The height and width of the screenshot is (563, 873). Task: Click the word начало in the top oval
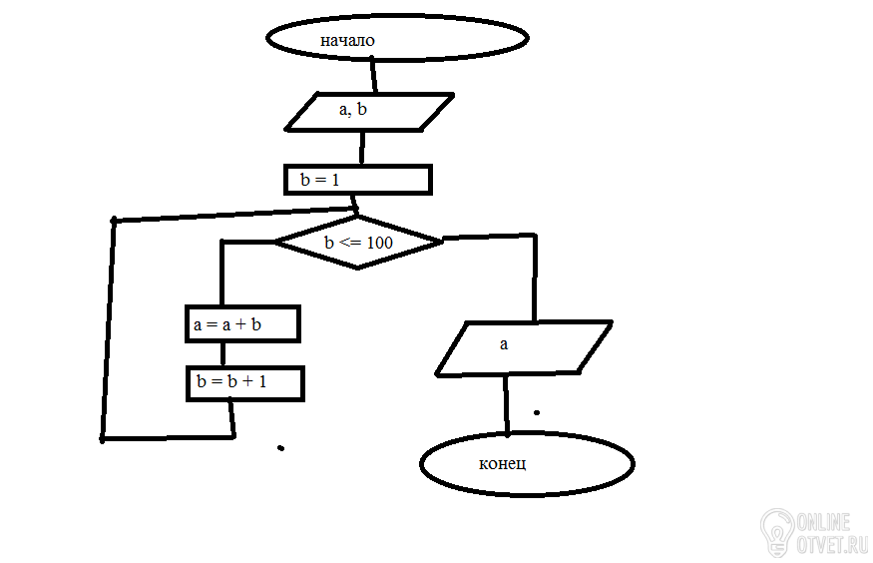[346, 41]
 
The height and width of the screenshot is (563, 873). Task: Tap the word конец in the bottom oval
[502, 464]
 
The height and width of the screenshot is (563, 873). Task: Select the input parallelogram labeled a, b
[369, 111]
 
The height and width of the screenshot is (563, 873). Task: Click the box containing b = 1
[357, 180]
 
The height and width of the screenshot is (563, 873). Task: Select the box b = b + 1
[244, 383]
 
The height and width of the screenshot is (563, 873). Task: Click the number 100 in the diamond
[380, 243]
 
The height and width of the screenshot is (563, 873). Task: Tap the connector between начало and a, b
[374, 75]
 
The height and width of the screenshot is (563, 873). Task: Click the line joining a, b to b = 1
[360, 148]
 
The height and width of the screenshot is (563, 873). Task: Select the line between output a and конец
[506, 403]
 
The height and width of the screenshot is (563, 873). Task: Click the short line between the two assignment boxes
[221, 353]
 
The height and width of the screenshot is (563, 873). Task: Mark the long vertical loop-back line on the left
[108, 329]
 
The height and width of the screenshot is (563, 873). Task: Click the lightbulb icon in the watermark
[776, 532]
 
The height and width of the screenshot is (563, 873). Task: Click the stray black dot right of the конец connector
[537, 411]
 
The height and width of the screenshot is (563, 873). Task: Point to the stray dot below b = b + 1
[280, 448]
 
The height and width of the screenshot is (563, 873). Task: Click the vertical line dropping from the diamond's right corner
[535, 280]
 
